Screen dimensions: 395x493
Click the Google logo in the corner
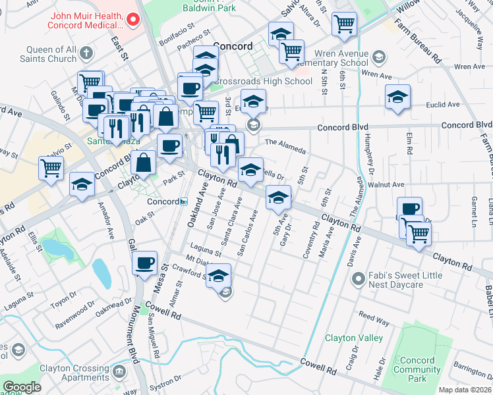point(22,387)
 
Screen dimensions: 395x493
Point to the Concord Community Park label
point(417,369)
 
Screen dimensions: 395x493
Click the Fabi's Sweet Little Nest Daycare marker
point(358,279)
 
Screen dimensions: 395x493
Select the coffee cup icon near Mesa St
point(144,264)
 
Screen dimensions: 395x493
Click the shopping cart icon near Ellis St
point(51,168)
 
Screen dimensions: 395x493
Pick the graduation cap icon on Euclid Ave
point(397,97)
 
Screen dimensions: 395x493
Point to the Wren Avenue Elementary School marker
point(379,58)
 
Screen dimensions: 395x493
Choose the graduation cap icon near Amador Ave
point(82,184)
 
